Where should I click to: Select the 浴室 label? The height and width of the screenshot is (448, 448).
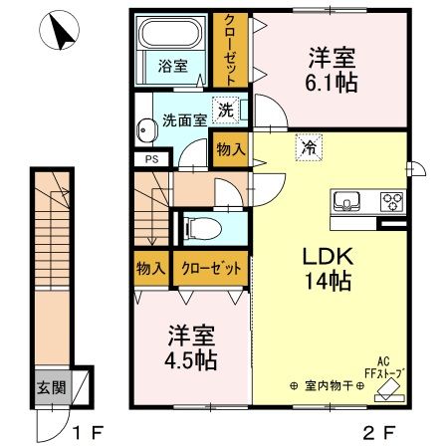[173, 67]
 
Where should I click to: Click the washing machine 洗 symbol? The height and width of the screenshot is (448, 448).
[226, 108]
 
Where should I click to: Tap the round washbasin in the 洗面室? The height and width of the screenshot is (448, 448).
[147, 129]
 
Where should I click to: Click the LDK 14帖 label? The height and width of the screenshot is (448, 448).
[326, 268]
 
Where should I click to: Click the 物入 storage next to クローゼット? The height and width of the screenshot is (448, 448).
[150, 268]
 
